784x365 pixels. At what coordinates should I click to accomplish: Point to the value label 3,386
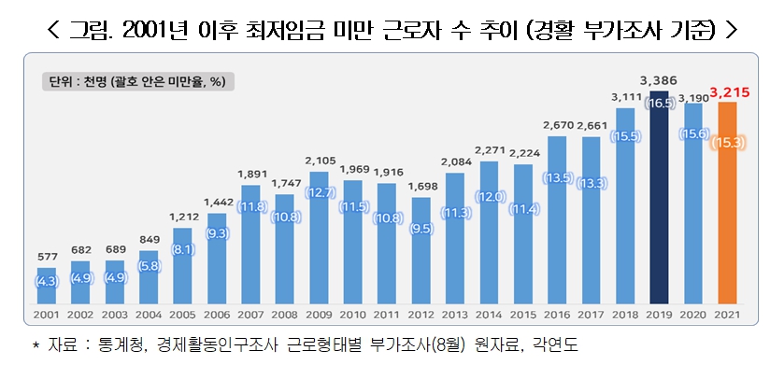point(660,81)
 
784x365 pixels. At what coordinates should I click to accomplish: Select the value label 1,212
point(184,217)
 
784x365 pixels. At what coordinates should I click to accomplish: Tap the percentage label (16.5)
point(661,103)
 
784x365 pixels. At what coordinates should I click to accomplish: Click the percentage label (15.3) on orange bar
point(729,143)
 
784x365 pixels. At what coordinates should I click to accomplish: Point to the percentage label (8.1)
point(184,249)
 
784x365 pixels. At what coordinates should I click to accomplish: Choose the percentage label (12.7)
point(321,192)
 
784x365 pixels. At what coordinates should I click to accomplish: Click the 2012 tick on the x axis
point(422,317)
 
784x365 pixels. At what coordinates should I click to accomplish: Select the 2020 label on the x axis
point(695,317)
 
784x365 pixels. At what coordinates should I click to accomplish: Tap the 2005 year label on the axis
point(184,317)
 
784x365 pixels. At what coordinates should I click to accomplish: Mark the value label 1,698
point(422,186)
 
